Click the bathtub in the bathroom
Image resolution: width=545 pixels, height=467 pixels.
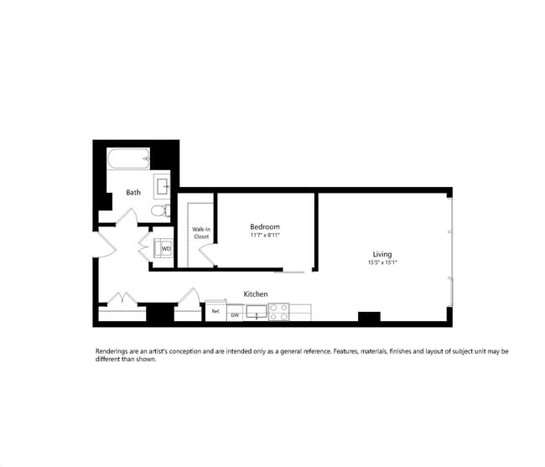click(128, 157)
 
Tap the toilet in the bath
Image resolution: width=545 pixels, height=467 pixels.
click(157, 210)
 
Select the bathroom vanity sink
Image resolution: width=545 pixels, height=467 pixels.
click(163, 184)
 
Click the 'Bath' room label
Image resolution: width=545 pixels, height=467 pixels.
click(133, 193)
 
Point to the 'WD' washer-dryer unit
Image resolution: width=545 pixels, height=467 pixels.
click(165, 248)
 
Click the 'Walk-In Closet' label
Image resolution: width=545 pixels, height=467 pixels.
click(201, 232)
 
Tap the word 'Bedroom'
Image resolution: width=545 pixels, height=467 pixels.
click(265, 227)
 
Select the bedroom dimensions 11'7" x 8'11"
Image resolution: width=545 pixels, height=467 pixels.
click(265, 236)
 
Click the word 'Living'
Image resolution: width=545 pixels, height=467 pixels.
click(382, 254)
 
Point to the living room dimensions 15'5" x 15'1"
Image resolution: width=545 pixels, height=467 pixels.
click(382, 262)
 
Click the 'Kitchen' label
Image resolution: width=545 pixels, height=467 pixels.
click(256, 294)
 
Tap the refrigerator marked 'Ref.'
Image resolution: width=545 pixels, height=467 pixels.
click(215, 312)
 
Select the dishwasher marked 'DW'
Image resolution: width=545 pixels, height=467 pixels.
click(236, 314)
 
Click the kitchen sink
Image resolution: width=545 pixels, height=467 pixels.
click(256, 312)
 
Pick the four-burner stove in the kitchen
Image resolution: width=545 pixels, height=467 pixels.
click(278, 312)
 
